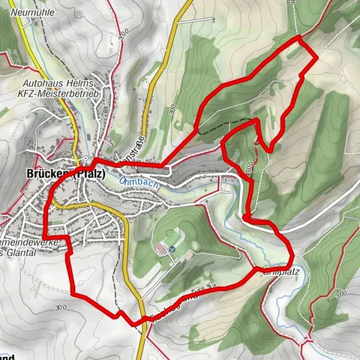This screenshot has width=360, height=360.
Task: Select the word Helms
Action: pyautogui.click(x=74, y=85)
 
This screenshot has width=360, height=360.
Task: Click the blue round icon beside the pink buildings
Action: pyautogui.click(x=172, y=248)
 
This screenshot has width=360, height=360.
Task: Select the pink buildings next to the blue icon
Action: pyautogui.click(x=159, y=248)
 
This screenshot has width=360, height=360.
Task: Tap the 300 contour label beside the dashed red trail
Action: pyautogui.click(x=250, y=166)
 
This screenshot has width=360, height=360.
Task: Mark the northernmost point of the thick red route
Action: pyautogui.click(x=299, y=36)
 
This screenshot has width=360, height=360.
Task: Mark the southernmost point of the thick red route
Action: pyautogui.click(x=135, y=324)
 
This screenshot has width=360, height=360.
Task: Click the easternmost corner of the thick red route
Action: pyautogui.click(x=315, y=55)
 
